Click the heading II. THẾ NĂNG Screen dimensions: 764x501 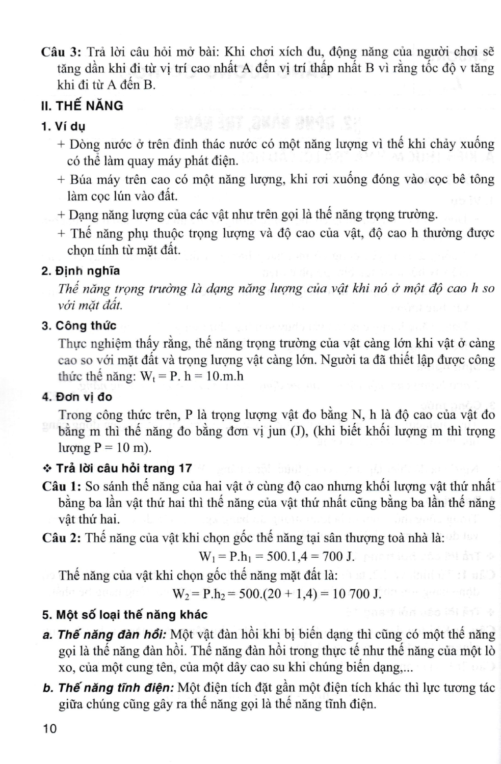82,106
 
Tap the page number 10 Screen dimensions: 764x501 50,729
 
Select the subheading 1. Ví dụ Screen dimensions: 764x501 63,126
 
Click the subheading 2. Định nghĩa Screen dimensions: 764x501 81,271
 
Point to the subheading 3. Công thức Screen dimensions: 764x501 79,325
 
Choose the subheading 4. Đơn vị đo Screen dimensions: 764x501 77,397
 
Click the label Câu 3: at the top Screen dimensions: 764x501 61,51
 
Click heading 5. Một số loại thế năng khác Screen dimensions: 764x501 124,615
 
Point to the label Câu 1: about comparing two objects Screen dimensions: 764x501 61,486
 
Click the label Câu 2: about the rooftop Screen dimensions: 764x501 61,538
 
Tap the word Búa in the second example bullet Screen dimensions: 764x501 80,179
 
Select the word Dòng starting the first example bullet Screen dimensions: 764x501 84,144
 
